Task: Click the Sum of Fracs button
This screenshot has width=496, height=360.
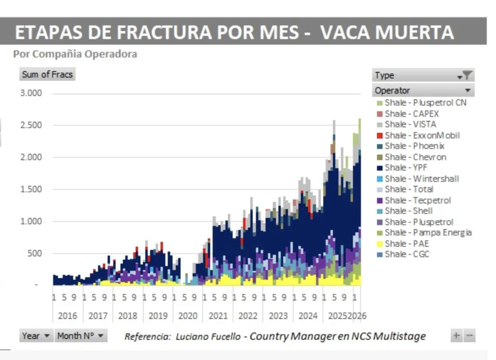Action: (x=48, y=74)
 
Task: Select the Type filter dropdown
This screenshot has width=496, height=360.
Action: (x=423, y=75)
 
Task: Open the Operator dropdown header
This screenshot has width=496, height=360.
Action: (x=423, y=90)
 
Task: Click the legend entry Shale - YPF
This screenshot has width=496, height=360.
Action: (x=405, y=167)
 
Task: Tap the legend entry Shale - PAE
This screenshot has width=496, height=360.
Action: (x=406, y=243)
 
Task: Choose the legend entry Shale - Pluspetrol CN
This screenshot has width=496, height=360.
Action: (x=425, y=102)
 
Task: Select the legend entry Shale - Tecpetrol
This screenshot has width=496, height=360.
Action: (x=417, y=200)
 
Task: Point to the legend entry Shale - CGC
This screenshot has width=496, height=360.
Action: (x=407, y=254)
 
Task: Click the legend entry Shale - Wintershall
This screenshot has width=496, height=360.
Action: (x=421, y=178)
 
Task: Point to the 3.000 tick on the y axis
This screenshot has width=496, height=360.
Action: (x=31, y=93)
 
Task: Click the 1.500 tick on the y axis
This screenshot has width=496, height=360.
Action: (x=31, y=190)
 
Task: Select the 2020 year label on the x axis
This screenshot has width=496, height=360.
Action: (x=188, y=316)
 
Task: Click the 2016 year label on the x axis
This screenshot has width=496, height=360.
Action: (x=68, y=316)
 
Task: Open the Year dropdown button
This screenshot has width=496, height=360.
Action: (x=36, y=335)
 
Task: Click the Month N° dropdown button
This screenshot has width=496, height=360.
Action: (x=80, y=335)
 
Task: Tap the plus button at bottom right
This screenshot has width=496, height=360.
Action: (x=456, y=335)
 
